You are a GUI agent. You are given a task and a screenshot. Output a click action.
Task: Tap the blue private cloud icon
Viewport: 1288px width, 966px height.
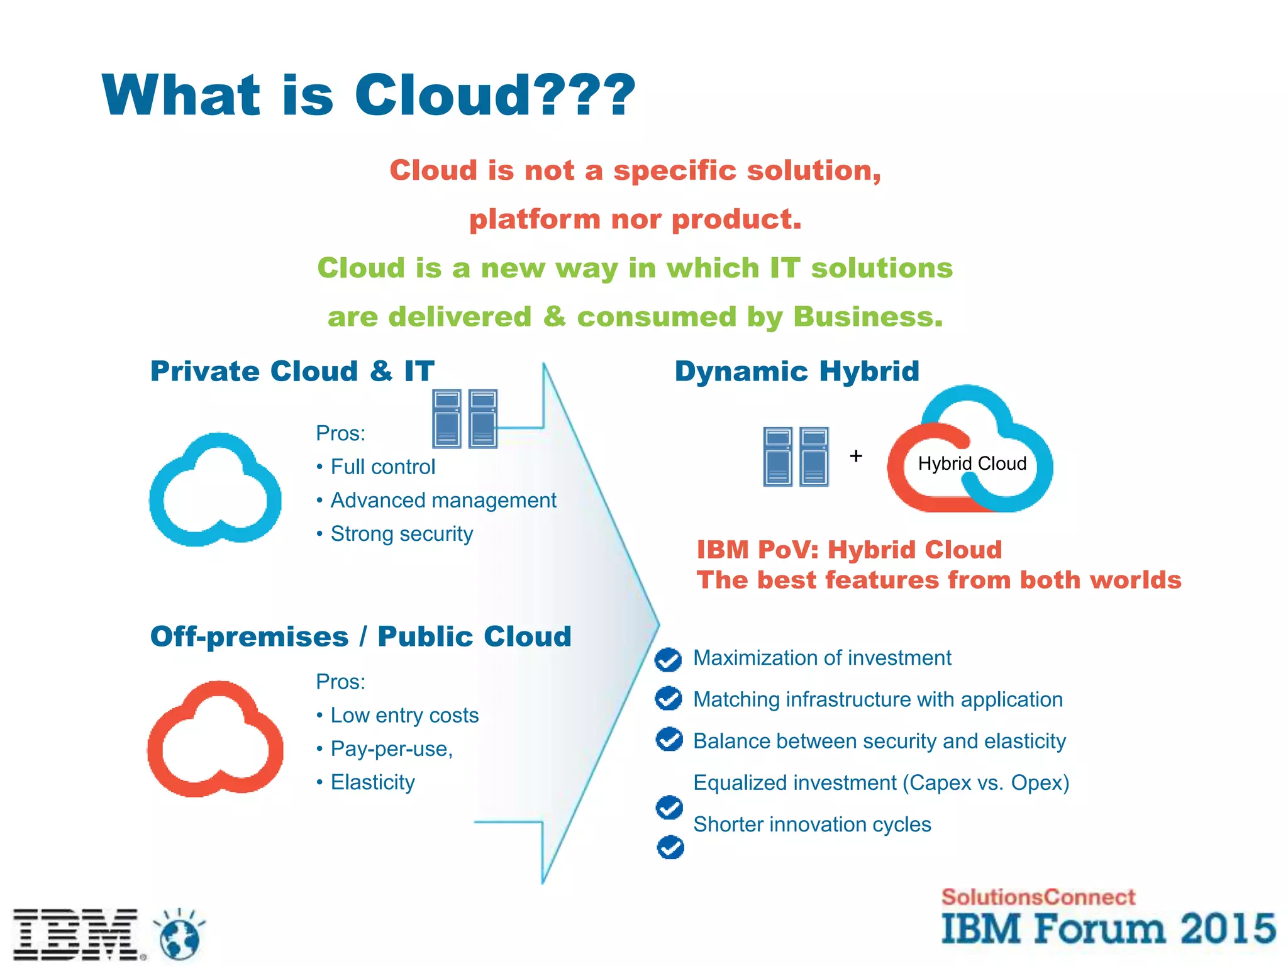click(x=215, y=490)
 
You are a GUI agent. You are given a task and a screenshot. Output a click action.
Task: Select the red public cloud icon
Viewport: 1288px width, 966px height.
click(x=215, y=740)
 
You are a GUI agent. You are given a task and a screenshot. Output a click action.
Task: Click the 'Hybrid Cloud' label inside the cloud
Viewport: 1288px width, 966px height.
click(x=972, y=464)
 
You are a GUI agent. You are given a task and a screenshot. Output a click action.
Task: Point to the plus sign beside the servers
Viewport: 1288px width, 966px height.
click(x=856, y=455)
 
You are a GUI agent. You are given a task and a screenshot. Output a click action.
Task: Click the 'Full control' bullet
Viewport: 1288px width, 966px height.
click(x=382, y=467)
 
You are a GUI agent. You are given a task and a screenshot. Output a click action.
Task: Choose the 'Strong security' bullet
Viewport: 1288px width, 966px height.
click(x=401, y=533)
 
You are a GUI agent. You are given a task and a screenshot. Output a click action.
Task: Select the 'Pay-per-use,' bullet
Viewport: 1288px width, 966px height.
click(x=391, y=748)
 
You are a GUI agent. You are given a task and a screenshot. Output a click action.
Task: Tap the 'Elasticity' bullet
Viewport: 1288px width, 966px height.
click(x=372, y=782)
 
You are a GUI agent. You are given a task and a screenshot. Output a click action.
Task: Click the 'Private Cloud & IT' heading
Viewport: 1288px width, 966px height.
click(x=292, y=371)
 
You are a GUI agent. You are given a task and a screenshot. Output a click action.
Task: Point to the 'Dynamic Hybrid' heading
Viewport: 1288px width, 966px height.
click(x=797, y=371)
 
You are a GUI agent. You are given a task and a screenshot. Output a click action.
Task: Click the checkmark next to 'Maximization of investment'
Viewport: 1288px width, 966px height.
click(x=668, y=659)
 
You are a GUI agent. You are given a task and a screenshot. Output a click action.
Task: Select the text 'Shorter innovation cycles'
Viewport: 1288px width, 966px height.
click(x=812, y=824)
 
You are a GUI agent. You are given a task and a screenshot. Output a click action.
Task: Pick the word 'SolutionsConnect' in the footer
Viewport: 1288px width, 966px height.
click(x=1038, y=897)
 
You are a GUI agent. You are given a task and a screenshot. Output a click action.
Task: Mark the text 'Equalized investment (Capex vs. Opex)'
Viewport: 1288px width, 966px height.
click(x=881, y=782)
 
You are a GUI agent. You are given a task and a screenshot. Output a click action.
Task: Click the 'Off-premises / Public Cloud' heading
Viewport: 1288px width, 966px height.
click(x=361, y=636)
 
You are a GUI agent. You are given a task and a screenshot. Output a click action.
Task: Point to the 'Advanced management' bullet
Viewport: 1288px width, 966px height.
click(x=443, y=500)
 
